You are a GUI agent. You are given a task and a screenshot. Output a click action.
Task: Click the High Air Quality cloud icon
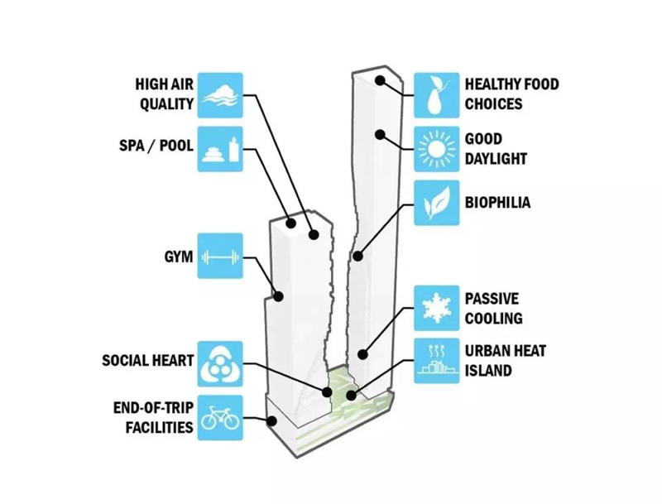[219, 94]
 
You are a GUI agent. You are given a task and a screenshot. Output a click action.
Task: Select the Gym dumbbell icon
[219, 257]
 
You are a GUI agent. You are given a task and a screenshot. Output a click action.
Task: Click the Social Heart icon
[219, 362]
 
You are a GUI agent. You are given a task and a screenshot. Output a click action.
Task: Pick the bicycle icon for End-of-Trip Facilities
[219, 417]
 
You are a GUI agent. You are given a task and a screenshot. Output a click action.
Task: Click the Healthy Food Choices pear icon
[435, 94]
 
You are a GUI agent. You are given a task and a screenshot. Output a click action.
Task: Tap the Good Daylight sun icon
[435, 148]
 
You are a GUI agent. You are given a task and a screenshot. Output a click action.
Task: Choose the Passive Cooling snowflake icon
[435, 307]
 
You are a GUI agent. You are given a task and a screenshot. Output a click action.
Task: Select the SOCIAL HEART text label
[148, 362]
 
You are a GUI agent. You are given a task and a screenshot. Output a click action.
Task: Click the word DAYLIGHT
[496, 158]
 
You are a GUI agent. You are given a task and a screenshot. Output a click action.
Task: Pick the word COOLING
[493, 318]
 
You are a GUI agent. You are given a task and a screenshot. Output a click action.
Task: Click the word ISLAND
[488, 370]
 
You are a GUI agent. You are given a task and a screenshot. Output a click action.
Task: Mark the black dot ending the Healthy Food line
[381, 80]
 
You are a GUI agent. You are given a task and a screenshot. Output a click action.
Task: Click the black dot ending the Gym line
[280, 295]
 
